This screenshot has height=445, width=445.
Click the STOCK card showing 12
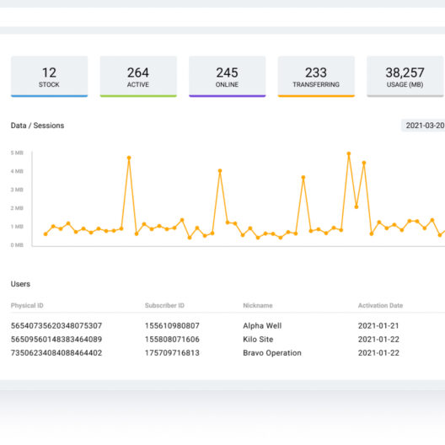(49, 77)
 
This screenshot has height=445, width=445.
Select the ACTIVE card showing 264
(138, 77)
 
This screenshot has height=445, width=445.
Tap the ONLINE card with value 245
(227, 77)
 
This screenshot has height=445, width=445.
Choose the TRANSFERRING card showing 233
(316, 77)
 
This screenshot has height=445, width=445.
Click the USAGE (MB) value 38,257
(405, 73)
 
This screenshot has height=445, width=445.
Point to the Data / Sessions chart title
(37, 126)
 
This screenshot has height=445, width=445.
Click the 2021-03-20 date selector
(424, 126)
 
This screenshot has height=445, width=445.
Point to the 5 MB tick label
(17, 153)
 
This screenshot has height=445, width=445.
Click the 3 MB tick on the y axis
(17, 190)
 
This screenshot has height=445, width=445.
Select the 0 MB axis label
(17, 245)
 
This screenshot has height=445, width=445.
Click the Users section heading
(20, 284)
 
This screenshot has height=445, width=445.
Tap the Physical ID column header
(27, 305)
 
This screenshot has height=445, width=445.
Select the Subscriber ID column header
(164, 305)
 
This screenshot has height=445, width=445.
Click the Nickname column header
(258, 305)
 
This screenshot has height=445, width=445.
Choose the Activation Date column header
(380, 305)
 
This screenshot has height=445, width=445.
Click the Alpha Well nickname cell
(261, 325)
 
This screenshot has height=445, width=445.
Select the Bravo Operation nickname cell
(271, 353)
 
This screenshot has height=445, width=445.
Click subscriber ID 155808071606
(173, 339)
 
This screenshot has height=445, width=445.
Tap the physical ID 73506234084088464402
(56, 353)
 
